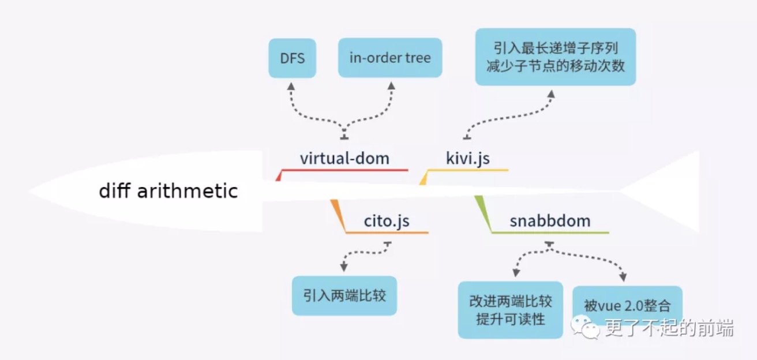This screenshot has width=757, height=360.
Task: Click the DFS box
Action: click(293, 58)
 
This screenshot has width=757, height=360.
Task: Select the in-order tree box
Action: click(390, 58)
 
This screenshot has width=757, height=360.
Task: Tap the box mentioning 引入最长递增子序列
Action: click(556, 57)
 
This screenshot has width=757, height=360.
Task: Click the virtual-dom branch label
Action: click(344, 158)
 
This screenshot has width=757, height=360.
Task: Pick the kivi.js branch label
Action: click(468, 159)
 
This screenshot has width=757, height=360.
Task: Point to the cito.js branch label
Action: click(387, 221)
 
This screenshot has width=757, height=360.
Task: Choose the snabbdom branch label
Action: click(550, 221)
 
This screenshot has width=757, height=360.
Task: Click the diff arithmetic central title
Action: click(168, 190)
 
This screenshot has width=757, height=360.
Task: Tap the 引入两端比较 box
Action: click(344, 296)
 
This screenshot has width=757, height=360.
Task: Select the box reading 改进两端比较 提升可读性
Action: click(510, 310)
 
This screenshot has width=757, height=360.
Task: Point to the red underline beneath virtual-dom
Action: click(344, 170)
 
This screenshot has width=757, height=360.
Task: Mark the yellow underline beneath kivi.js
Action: click(468, 170)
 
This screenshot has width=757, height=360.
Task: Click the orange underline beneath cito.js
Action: click(387, 232)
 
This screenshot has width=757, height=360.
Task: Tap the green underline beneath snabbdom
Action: click(550, 232)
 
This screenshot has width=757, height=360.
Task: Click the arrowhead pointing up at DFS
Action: click(291, 86)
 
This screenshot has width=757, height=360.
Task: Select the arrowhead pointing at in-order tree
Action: click(391, 85)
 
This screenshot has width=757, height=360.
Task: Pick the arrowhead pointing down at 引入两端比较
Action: click(344, 267)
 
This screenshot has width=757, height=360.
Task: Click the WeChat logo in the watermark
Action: click(585, 327)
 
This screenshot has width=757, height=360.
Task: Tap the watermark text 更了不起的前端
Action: click(669, 328)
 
